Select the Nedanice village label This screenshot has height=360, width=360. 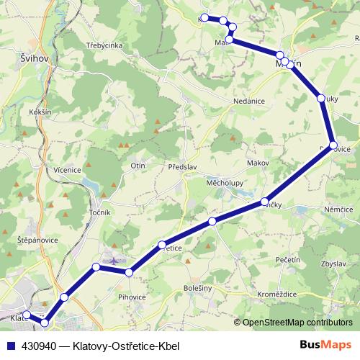point(250,102)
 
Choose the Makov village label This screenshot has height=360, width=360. point(257,163)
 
